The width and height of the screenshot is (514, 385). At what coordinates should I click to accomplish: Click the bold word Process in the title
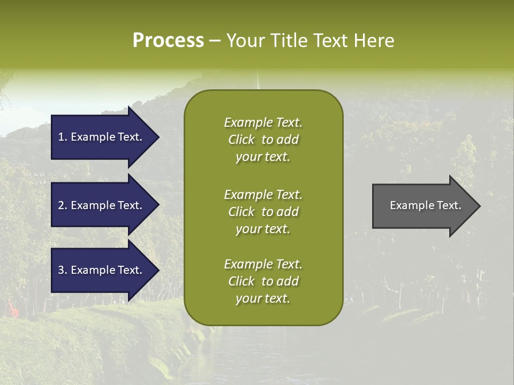[x=168, y=41]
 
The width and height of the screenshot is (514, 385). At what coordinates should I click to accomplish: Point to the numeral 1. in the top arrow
[x=63, y=137]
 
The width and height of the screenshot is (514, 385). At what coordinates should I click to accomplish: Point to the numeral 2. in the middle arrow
[x=63, y=205]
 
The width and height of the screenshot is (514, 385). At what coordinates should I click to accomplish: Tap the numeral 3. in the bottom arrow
[x=63, y=270]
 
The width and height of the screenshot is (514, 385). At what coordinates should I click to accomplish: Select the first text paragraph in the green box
[x=263, y=140]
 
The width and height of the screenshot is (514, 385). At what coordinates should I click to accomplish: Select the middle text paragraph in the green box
[x=263, y=212]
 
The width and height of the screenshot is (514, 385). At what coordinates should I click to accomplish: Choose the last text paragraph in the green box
[x=263, y=281]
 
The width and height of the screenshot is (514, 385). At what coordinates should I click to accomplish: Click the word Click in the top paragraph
[x=241, y=140]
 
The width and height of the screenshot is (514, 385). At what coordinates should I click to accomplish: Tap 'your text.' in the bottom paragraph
[x=262, y=299]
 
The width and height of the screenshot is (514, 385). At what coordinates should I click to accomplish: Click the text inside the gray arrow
[x=425, y=205]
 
